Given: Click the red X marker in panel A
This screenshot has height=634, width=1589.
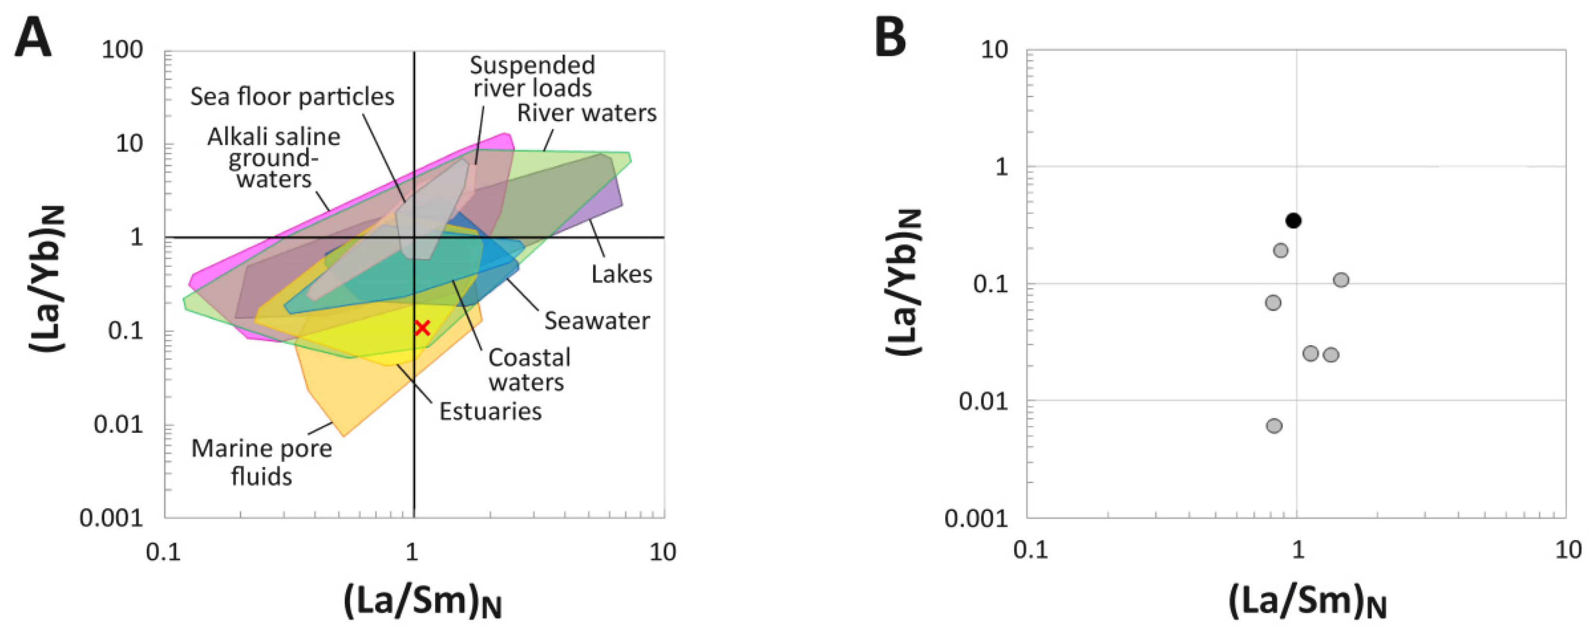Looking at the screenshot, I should pyautogui.click(x=422, y=328).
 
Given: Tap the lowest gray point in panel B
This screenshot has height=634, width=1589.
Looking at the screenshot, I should pyautogui.click(x=1274, y=425).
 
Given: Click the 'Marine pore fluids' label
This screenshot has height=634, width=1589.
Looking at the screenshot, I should pyautogui.click(x=262, y=462).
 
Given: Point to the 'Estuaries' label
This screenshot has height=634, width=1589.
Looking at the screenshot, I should pyautogui.click(x=491, y=411).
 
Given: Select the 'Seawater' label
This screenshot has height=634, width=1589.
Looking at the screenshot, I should pyautogui.click(x=597, y=321).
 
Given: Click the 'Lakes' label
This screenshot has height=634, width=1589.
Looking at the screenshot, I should pyautogui.click(x=621, y=274).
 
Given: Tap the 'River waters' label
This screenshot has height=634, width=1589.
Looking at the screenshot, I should pyautogui.click(x=586, y=113).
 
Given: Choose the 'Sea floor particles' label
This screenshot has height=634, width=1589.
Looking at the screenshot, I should pyautogui.click(x=292, y=97).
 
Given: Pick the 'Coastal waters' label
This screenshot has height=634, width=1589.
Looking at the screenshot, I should pyautogui.click(x=529, y=370).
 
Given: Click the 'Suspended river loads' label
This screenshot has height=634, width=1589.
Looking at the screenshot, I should pyautogui.click(x=532, y=76).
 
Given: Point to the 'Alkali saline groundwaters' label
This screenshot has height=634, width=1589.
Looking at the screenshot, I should pyautogui.click(x=274, y=158).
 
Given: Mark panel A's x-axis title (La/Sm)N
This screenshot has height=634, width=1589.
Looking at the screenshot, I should pyautogui.click(x=422, y=601).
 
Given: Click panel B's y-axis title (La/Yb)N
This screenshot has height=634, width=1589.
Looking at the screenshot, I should pyautogui.click(x=904, y=282).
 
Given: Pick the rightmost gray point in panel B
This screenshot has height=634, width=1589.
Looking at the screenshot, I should pyautogui.click(x=1341, y=280).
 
